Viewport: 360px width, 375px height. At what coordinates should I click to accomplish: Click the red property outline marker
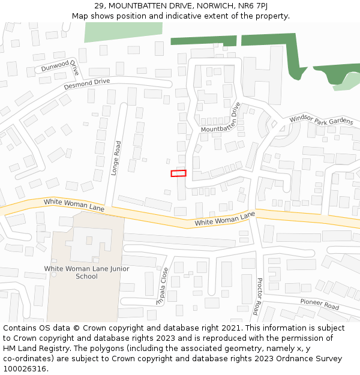click(178, 173)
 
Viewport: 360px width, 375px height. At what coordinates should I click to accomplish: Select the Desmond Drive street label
click(87, 83)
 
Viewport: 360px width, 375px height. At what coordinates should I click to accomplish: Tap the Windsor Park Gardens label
click(321, 120)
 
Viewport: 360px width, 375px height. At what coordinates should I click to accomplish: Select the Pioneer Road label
click(320, 304)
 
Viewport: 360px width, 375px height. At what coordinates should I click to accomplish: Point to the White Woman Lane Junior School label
click(86, 272)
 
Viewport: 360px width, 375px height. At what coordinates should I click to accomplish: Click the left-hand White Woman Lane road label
click(74, 205)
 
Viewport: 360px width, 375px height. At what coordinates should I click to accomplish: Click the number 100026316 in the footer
click(25, 368)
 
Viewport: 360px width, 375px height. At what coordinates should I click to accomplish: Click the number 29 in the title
click(99, 6)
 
